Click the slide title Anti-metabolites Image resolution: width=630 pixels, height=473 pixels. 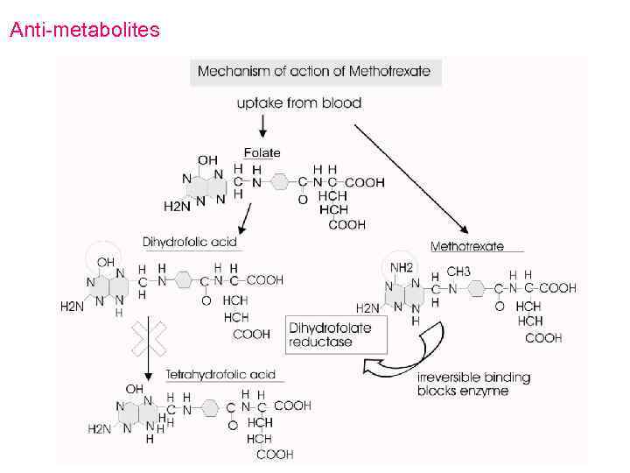coord(84,31)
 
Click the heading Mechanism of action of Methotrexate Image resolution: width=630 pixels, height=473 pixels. coord(314,71)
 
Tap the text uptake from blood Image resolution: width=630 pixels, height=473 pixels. coord(298,103)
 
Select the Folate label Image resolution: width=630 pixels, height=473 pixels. coord(262,152)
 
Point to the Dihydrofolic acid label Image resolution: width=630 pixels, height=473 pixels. coord(190,241)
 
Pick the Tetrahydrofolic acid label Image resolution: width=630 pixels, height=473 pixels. coord(220,375)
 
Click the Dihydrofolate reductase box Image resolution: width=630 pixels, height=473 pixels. coord(330,335)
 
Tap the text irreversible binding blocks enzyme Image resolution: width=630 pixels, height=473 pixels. coord(473,384)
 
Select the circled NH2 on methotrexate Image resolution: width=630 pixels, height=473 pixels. coord(402,267)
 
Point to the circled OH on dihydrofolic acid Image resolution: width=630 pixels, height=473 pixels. coord(105,261)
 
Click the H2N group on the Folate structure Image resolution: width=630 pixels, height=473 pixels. coord(176,207)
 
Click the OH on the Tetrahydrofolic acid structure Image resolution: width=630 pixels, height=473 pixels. coord(135,388)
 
